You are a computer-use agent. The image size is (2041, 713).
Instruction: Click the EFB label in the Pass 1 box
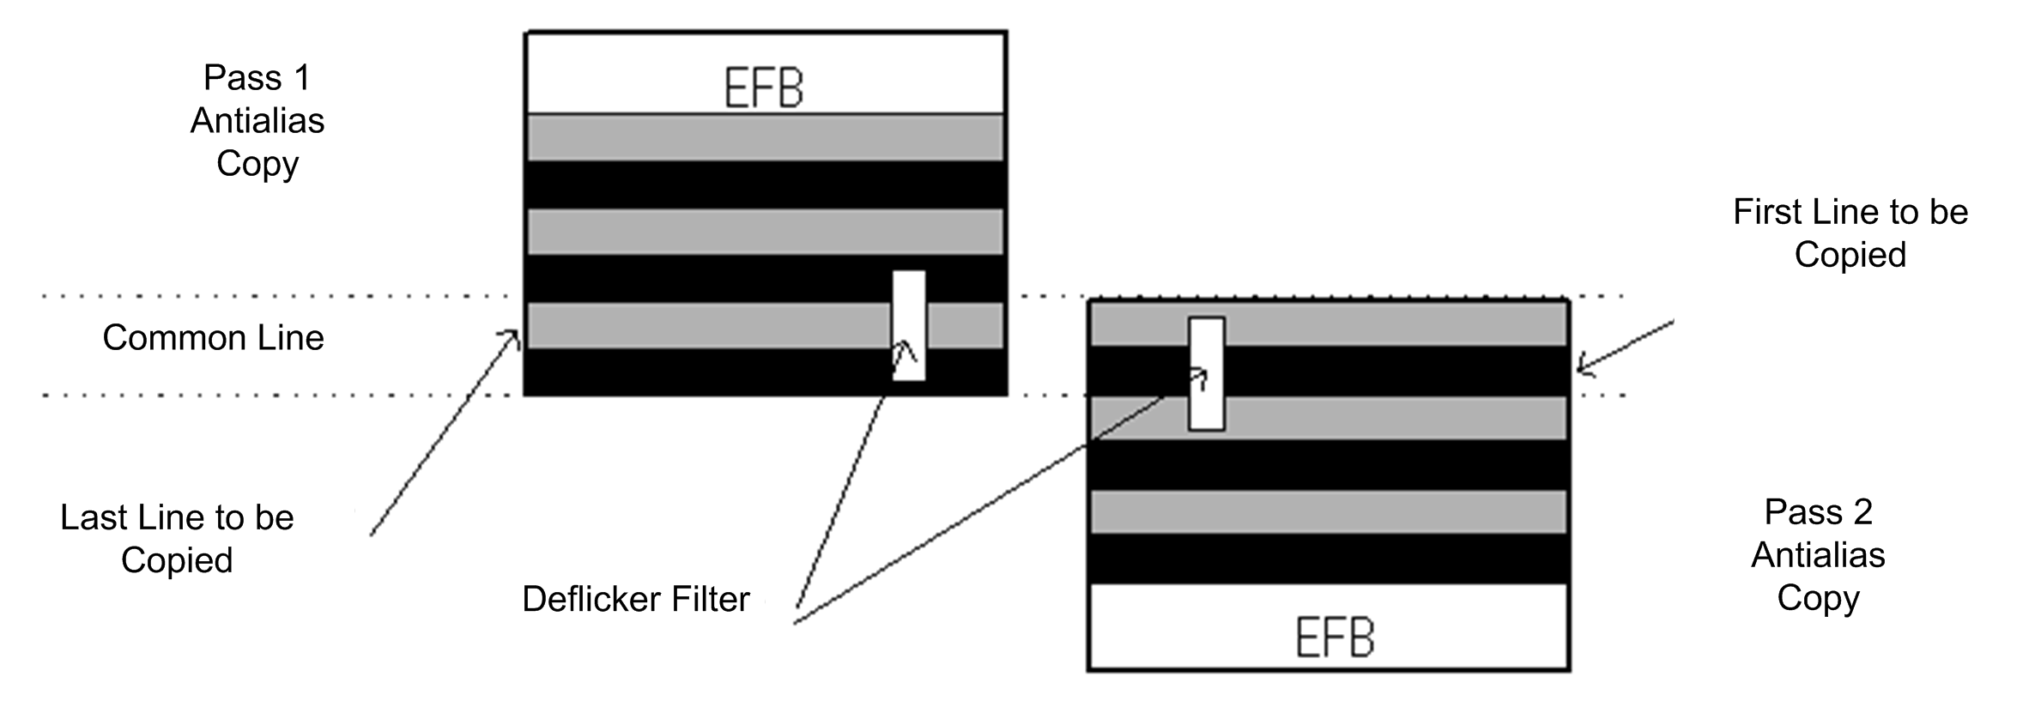tap(764, 88)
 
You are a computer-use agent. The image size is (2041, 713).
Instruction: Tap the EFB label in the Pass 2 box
tap(1335, 637)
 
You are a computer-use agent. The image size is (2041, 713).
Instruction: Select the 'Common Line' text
tap(213, 338)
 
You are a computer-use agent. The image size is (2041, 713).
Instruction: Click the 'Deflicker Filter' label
tap(636, 599)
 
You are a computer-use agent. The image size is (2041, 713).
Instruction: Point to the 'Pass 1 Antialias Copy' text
tap(257, 120)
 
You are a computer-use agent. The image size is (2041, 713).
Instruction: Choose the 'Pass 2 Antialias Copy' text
tap(1818, 554)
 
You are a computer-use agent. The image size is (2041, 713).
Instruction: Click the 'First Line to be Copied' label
tap(1850, 233)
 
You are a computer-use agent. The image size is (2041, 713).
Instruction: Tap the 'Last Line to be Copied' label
tap(177, 538)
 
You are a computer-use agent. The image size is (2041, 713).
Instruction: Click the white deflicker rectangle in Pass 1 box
tap(909, 325)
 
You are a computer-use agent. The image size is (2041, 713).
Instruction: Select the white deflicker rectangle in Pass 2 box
tap(1206, 373)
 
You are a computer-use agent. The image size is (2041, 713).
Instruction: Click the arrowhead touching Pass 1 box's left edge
tap(515, 336)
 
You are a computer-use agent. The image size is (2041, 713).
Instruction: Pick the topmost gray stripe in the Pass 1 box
tap(764, 137)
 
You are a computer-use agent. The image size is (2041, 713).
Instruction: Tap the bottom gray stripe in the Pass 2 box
tap(1328, 512)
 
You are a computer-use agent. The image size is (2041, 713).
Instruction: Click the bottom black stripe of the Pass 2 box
tap(1328, 559)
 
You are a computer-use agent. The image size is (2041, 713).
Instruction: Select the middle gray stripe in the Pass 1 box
tap(764, 232)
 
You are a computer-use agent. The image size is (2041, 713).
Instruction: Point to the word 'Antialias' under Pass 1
tap(257, 121)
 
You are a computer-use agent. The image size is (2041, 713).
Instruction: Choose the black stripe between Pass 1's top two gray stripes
tap(764, 184)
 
